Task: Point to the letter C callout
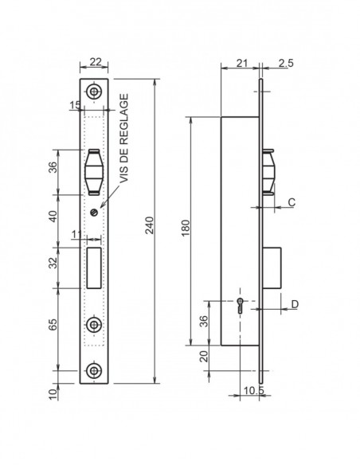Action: pos(292,203)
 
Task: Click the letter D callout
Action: pos(295,304)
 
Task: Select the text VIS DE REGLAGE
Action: pos(123,139)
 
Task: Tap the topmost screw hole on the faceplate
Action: pos(95,92)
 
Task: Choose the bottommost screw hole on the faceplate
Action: pos(95,371)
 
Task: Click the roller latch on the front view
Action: pos(95,169)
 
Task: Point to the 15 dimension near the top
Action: pos(74,105)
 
